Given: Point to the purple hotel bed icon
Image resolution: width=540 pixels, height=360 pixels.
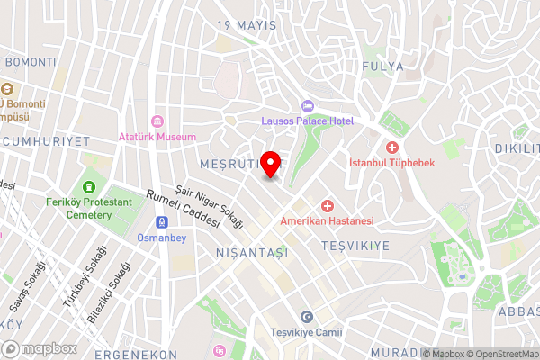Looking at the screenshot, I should pyautogui.click(x=307, y=105).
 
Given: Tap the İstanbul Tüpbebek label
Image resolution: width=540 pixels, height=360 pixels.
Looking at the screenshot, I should pyautogui.click(x=391, y=163).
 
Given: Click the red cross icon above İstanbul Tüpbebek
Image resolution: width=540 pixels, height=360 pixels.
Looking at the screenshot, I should pyautogui.click(x=391, y=147).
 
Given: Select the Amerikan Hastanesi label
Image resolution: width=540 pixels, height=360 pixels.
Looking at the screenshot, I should pyautogui.click(x=327, y=221).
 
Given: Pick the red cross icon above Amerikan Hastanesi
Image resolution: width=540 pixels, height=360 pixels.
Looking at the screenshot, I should pyautogui.click(x=327, y=206).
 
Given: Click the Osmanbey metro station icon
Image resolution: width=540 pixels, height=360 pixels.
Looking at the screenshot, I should pyautogui.click(x=160, y=222).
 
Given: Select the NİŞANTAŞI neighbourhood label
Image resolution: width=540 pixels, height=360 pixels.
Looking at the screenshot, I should pyautogui.click(x=252, y=254).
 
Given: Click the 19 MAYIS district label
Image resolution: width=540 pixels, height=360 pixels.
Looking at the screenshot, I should pyautogui.click(x=247, y=25).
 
